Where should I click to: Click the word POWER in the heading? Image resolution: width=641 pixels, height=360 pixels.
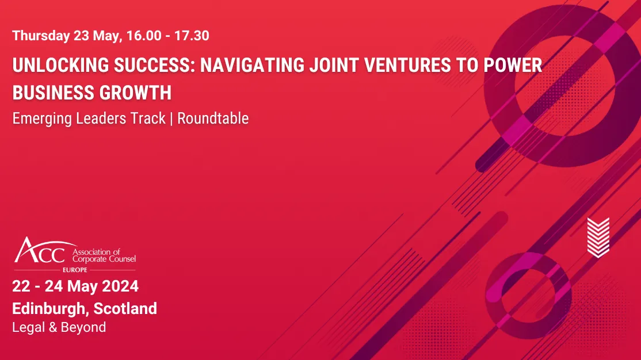coord(514,66)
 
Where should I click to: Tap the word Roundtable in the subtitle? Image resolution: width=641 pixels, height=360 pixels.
coord(213,118)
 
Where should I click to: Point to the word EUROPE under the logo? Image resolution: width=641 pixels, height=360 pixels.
coord(75,269)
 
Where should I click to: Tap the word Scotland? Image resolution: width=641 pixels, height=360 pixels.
coord(125,308)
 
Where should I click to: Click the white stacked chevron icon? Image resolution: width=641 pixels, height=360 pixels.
coord(598,236)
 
